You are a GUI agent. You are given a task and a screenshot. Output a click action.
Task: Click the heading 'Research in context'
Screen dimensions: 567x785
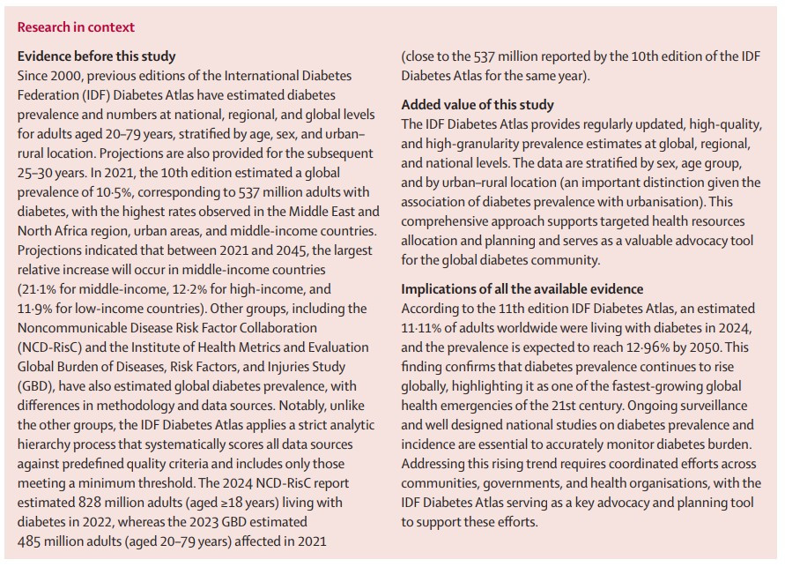pyautogui.click(x=76, y=27)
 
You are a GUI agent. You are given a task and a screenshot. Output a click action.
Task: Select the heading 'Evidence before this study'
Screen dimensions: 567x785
pyautogui.click(x=97, y=56)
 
